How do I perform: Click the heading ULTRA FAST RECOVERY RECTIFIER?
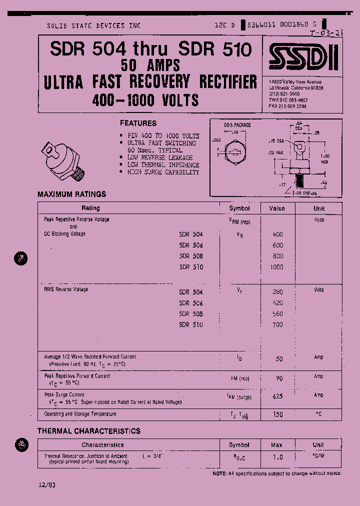point(150,81)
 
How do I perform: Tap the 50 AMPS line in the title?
point(150,64)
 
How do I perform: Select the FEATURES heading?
point(138,123)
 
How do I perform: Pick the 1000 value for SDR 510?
point(276,267)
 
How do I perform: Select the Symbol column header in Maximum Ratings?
point(239,208)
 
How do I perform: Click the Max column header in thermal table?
point(276,444)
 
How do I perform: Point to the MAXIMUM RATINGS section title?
point(72,194)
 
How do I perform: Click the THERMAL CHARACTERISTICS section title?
point(89,431)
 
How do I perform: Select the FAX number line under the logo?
point(287,106)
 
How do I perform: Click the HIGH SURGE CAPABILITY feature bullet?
point(163,172)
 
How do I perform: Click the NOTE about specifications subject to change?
point(277,473)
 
